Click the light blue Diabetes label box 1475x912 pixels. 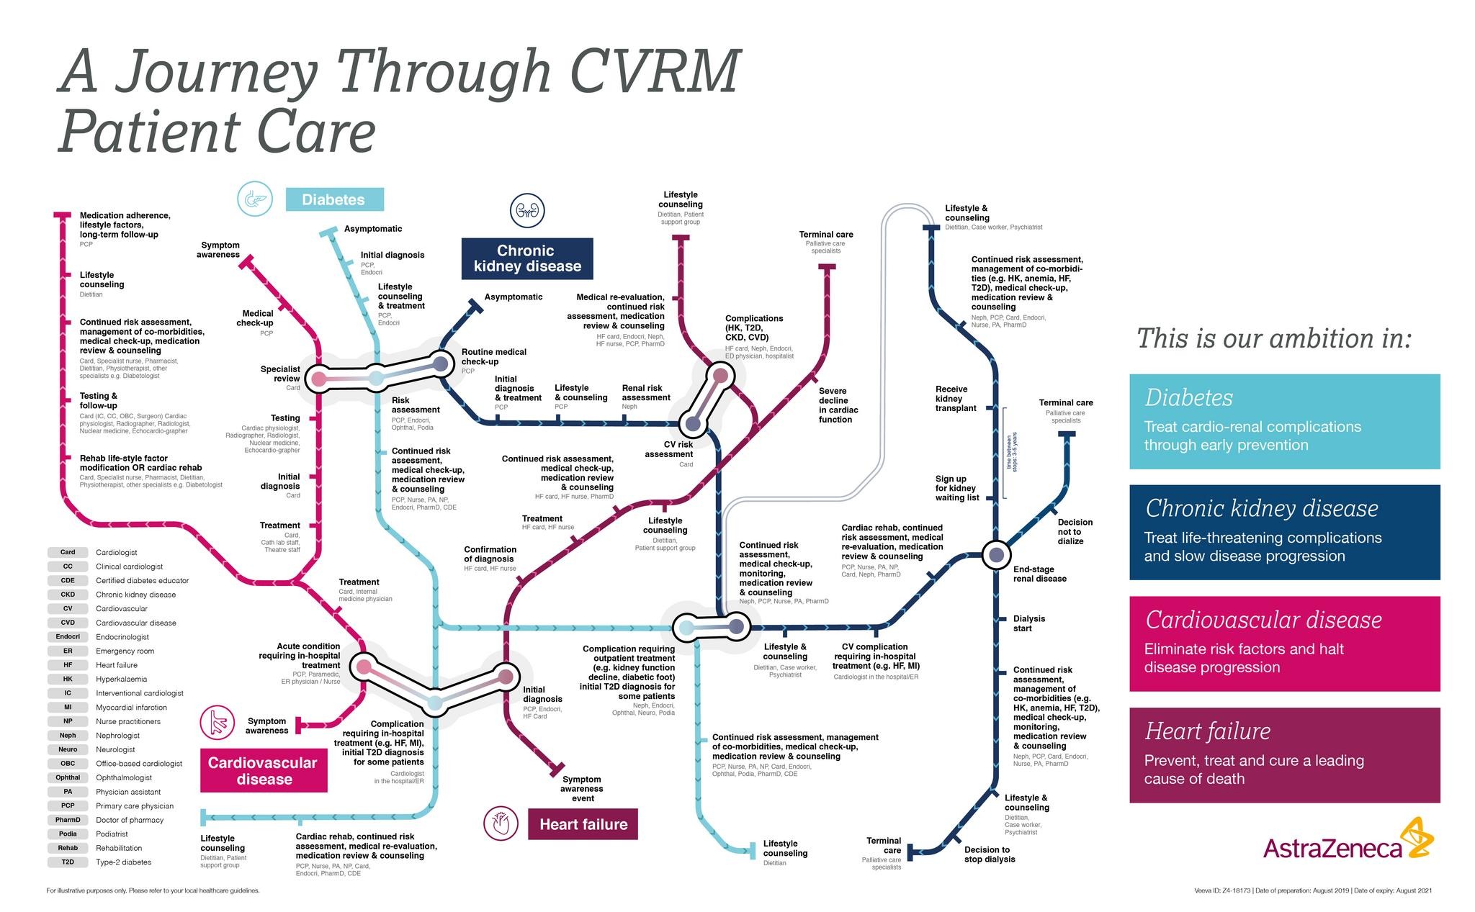pyautogui.click(x=334, y=199)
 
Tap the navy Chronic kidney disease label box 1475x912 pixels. pyautogui.click(x=527, y=258)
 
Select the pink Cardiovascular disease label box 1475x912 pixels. pyautogui.click(x=264, y=771)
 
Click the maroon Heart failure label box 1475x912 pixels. pyautogui.click(x=583, y=824)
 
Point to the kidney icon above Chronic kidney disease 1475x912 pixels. pyautogui.click(x=527, y=211)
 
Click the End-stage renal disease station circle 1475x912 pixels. pyautogui.click(x=996, y=555)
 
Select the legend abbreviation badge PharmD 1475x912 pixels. pyautogui.click(x=68, y=820)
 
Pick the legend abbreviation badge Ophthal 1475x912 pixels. pyautogui.click(x=68, y=777)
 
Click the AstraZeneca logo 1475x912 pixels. pyautogui.click(x=1348, y=841)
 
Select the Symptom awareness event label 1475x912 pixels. pyautogui.click(x=582, y=788)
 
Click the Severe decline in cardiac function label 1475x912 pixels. pyautogui.click(x=838, y=405)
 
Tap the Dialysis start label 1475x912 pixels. pyautogui.click(x=1028, y=623)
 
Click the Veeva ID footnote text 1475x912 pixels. pyautogui.click(x=1312, y=890)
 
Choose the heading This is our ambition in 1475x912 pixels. pyautogui.click(x=1273, y=338)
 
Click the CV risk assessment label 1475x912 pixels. pyautogui.click(x=668, y=449)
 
